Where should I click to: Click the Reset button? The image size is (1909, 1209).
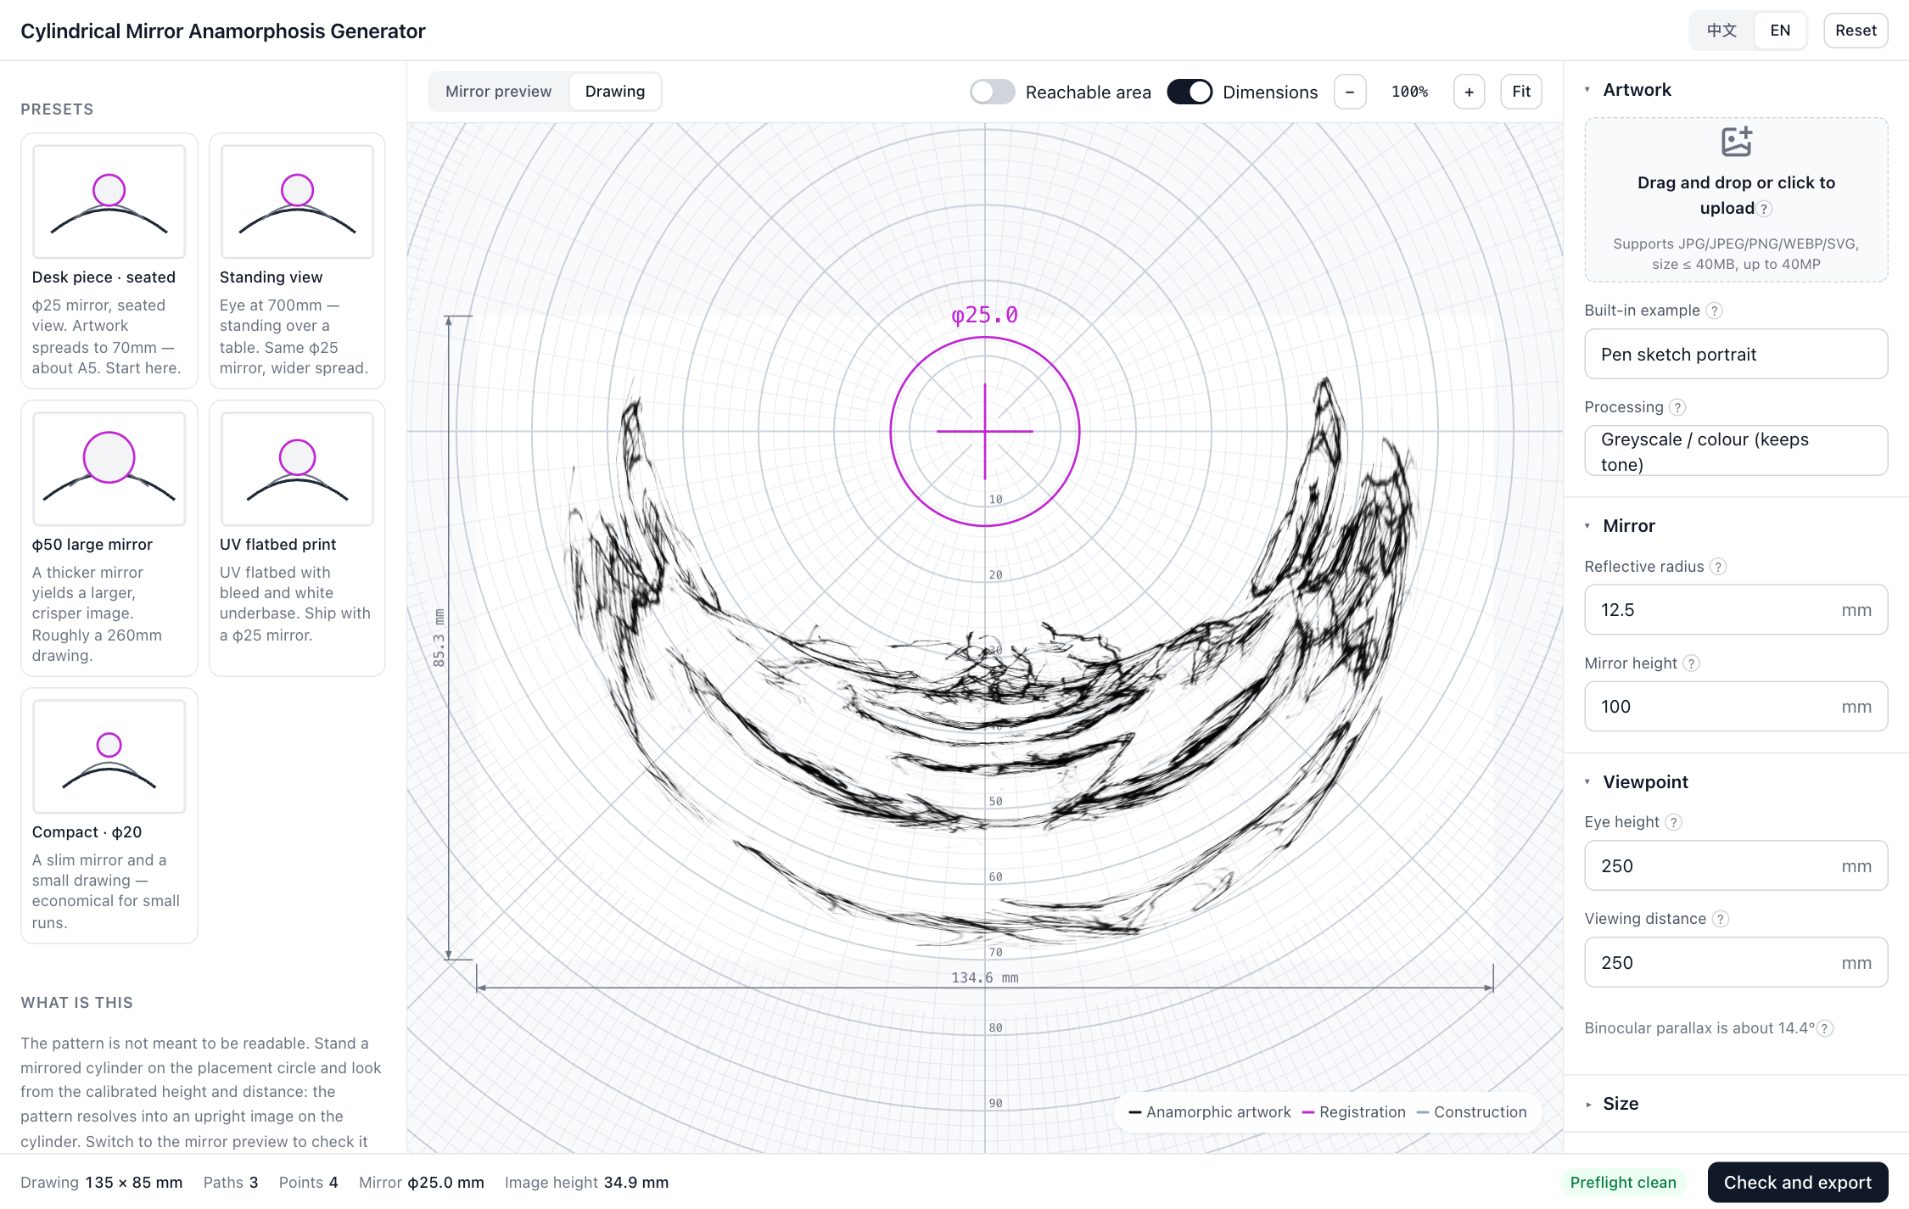1855,31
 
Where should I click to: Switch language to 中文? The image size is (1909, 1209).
1721,31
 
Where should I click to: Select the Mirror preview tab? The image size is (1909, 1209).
498,92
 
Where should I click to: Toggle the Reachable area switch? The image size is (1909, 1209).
992,92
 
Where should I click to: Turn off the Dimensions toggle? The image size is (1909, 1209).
1189,92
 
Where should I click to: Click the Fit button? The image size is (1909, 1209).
1520,92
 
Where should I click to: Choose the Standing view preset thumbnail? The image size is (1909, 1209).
297,201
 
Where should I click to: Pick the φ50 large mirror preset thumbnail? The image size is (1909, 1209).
109,468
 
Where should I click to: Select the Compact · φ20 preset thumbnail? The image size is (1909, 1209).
109,756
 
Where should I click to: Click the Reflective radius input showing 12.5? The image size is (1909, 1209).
1735,609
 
